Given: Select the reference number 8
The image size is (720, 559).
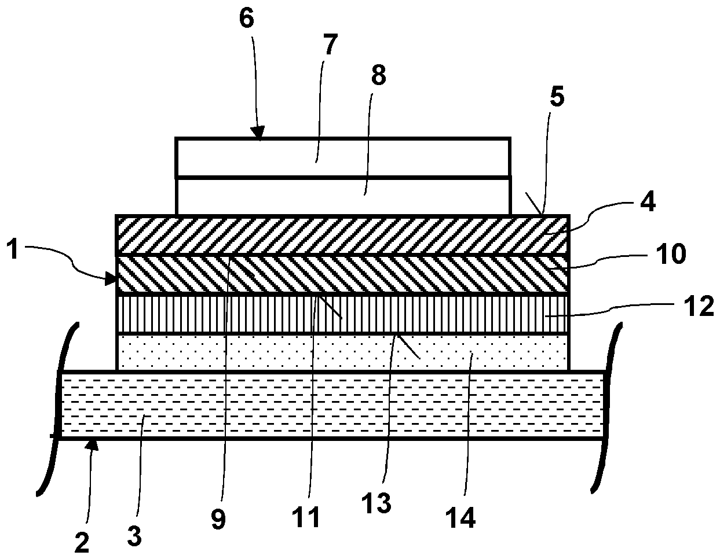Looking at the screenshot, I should coord(378,76).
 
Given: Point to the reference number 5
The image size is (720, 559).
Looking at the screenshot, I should coord(557,97).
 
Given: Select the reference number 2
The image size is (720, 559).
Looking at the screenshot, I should coord(82,542).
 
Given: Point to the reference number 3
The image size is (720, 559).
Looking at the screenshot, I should coord(134,536).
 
